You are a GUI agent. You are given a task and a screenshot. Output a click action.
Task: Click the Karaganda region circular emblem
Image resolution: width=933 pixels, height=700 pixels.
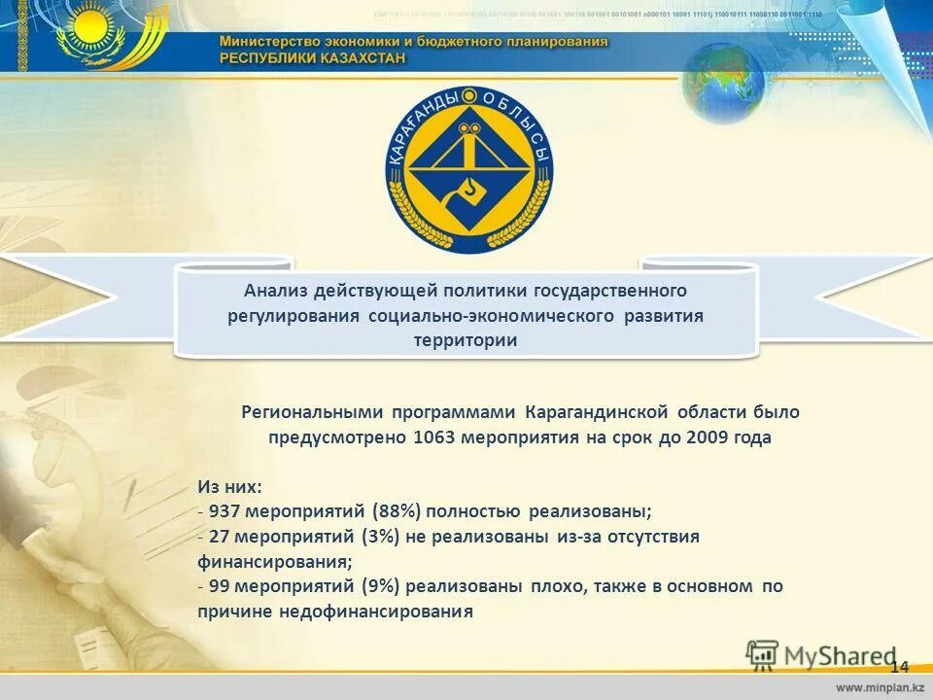coord(468,170)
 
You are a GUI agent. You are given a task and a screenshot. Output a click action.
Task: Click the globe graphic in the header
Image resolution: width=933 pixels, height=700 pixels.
coord(723,82)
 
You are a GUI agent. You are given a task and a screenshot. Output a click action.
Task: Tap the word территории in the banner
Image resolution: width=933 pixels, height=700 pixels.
coord(466,341)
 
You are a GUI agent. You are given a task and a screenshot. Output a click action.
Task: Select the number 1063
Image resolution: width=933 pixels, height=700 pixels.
coord(433,437)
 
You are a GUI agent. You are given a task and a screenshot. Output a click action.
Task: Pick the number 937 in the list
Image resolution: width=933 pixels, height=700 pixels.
coord(225,511)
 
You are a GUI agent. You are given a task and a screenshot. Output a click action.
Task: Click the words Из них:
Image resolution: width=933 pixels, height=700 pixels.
coord(229,486)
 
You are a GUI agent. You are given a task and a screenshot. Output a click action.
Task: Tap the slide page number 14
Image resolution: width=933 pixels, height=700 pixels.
coord(899,667)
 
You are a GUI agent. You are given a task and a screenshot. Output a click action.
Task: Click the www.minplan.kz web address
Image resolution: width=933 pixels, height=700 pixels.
coord(877,687)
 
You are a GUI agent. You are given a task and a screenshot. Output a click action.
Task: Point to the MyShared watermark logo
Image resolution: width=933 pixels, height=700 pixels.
coord(821,654)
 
